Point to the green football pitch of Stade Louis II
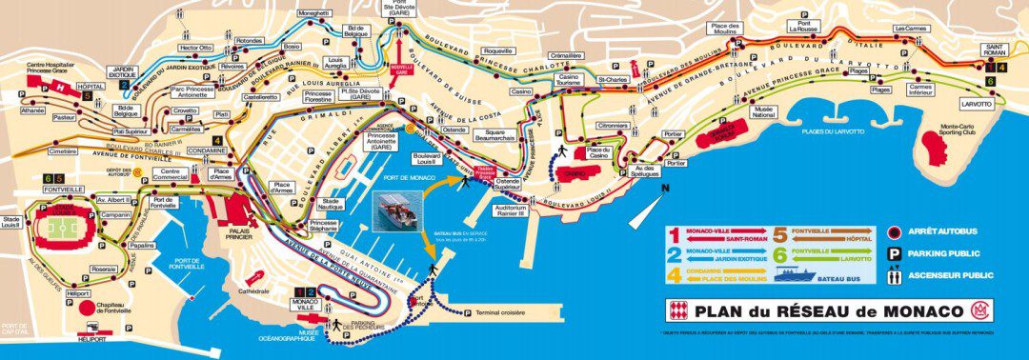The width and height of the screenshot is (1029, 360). (61, 230)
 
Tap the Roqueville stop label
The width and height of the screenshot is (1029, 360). (496, 50)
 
